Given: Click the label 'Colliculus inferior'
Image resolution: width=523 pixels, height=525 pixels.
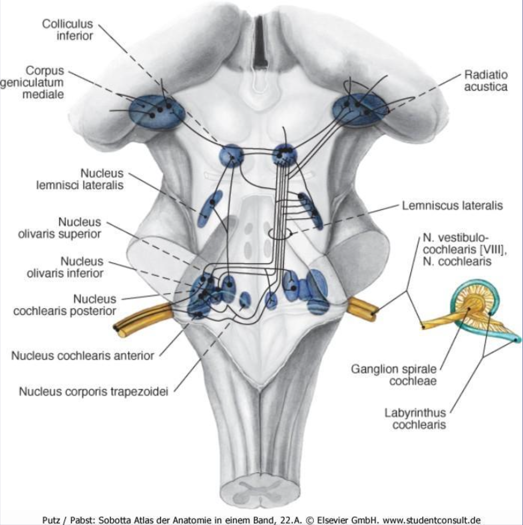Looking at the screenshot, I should click(x=67, y=30).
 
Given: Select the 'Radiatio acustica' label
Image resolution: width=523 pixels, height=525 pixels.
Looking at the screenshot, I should click(x=486, y=81).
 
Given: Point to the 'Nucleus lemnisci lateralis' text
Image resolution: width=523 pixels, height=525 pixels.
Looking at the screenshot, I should click(x=80, y=179).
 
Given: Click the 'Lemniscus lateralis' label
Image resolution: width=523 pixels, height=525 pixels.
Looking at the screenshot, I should click(x=452, y=206).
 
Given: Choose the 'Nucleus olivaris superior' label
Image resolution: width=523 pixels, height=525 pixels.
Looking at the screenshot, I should click(x=60, y=228).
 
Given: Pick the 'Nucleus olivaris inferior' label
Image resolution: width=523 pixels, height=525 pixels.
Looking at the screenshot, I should click(x=65, y=267).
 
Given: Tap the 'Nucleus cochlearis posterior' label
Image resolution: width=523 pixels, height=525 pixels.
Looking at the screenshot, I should click(x=65, y=305).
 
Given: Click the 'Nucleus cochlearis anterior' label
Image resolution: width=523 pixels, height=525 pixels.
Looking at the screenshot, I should click(x=83, y=356).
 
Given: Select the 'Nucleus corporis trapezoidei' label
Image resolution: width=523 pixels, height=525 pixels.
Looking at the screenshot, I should click(x=94, y=392).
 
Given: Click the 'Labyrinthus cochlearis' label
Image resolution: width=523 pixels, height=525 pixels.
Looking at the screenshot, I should click(x=415, y=419).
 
